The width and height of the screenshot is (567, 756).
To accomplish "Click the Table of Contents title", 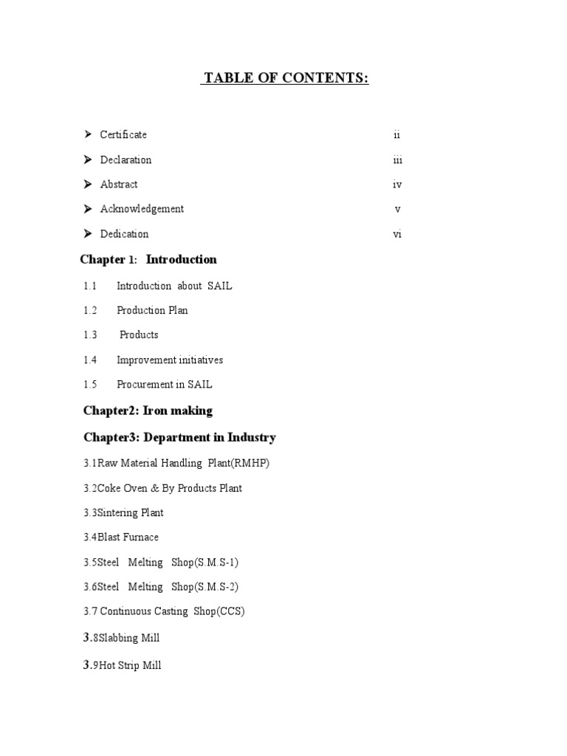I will (x=285, y=78).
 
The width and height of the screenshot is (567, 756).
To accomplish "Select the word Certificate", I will (x=123, y=134).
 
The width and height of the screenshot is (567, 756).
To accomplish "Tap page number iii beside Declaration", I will (x=398, y=160).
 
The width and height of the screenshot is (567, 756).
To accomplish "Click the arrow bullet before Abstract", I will (x=87, y=184).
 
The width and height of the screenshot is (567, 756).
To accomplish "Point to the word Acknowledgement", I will (x=142, y=209).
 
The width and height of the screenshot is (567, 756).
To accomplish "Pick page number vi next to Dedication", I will (x=398, y=235).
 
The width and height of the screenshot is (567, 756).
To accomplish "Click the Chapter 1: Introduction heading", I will (x=148, y=260).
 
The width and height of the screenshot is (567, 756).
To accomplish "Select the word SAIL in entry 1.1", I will (x=219, y=286).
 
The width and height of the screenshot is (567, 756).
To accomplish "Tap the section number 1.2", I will (x=90, y=310).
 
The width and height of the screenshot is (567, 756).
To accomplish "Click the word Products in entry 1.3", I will (x=139, y=334).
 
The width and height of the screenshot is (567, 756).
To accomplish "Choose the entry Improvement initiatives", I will (x=169, y=360).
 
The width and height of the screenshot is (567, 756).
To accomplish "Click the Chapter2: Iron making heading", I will (x=148, y=410).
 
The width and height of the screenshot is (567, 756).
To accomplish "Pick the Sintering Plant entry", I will (x=124, y=512).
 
